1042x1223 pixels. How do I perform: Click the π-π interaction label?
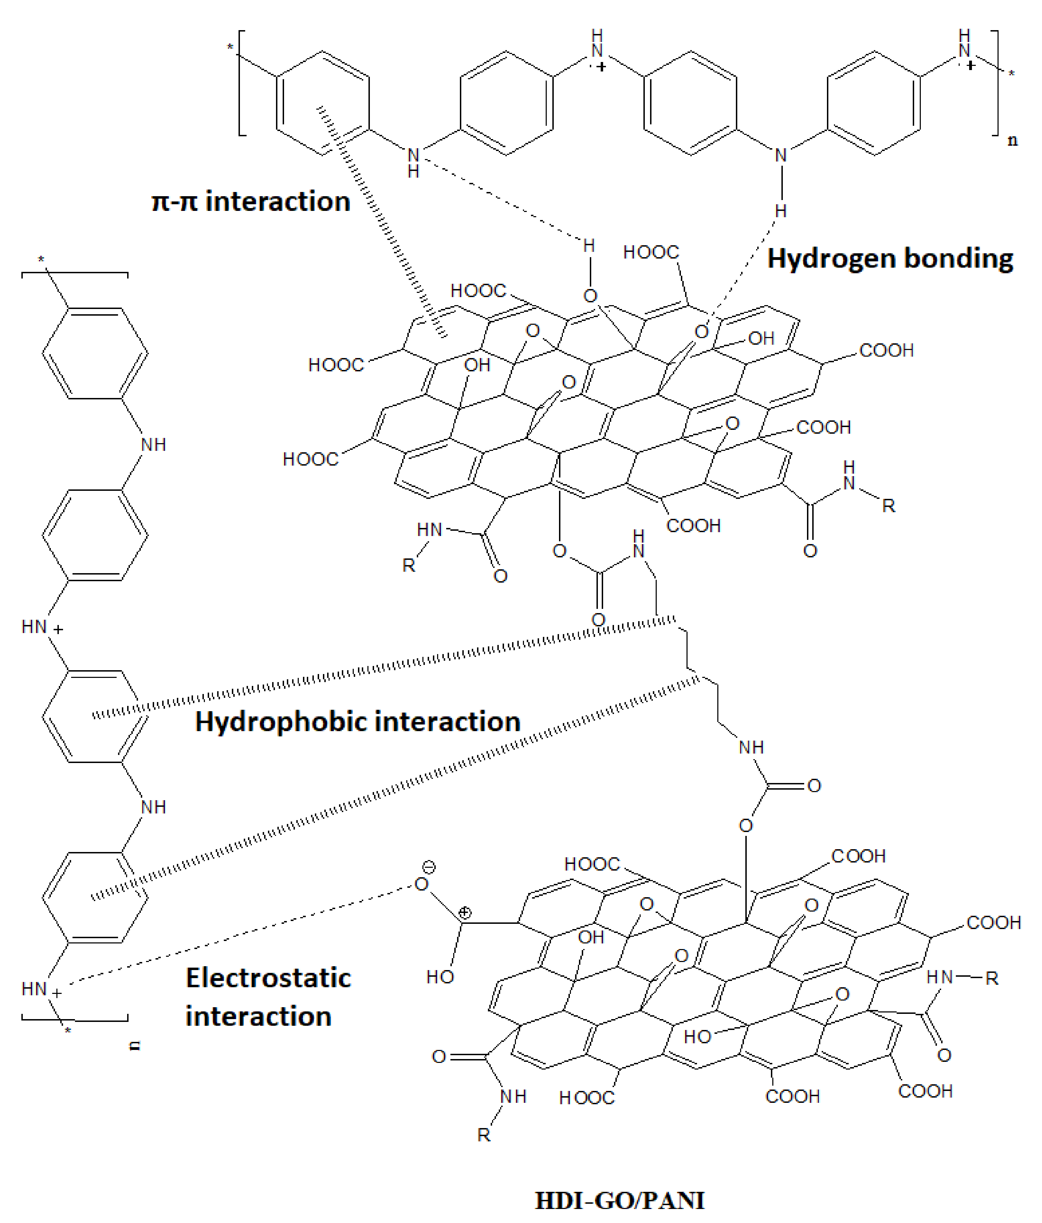pyautogui.click(x=251, y=201)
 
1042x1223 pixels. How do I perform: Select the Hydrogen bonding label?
pyautogui.click(x=890, y=259)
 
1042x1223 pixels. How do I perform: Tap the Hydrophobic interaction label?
pyautogui.click(x=358, y=721)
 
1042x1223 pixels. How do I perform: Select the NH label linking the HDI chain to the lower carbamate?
pyautogui.click(x=751, y=747)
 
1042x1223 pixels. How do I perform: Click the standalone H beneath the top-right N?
pyautogui.click(x=781, y=211)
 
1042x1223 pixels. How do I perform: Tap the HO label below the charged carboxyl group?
pyautogui.click(x=440, y=977)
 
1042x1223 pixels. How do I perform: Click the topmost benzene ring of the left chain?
pyautogui.click(x=95, y=353)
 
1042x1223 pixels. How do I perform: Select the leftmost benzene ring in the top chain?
pyautogui.click(x=323, y=103)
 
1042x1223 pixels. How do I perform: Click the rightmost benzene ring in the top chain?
pyautogui.click(x=874, y=103)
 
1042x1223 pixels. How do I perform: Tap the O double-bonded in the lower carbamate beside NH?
pyautogui.click(x=814, y=786)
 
